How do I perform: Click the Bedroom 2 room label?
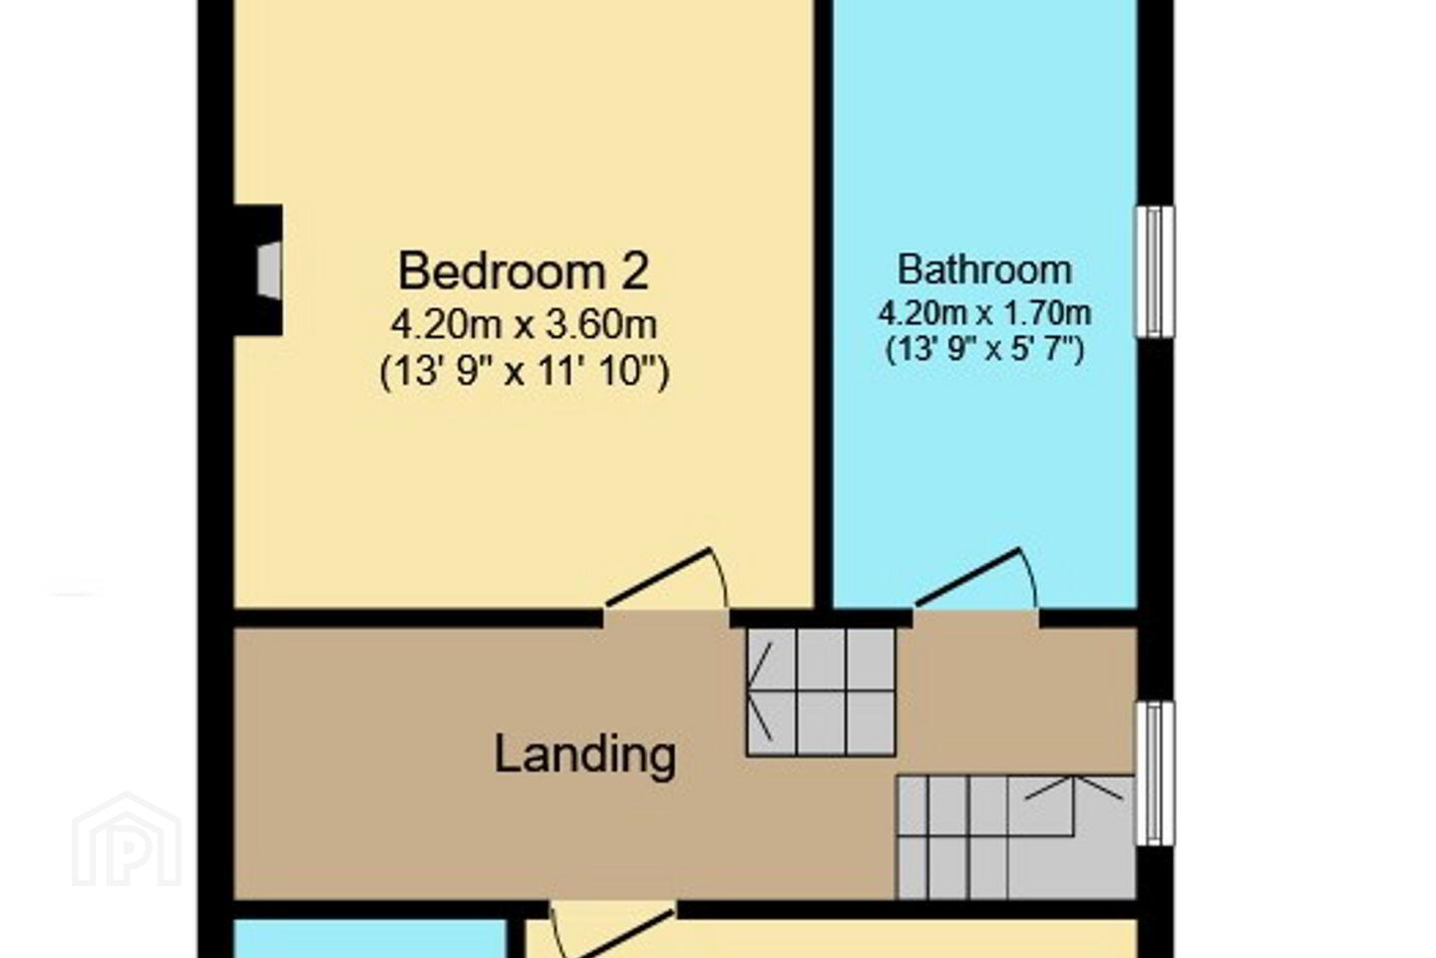[524, 271]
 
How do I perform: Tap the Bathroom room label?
[984, 269]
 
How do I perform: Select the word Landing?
[584, 755]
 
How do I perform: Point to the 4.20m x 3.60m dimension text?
[524, 325]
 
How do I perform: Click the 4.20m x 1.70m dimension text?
[984, 313]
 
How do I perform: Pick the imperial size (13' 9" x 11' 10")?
[524, 371]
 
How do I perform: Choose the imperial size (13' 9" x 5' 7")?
[984, 349]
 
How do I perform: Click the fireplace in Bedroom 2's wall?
[257, 270]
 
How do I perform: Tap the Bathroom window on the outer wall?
[1155, 271]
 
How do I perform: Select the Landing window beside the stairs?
[1155, 773]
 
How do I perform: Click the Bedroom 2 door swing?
[667, 579]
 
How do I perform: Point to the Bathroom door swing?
[975, 579]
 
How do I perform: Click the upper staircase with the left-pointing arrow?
[821, 692]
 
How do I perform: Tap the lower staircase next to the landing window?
[1016, 836]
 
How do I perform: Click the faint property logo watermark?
[127, 839]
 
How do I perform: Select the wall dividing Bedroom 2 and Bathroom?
[823, 304]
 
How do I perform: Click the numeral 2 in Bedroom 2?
[634, 270]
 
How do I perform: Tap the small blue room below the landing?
[370, 938]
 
